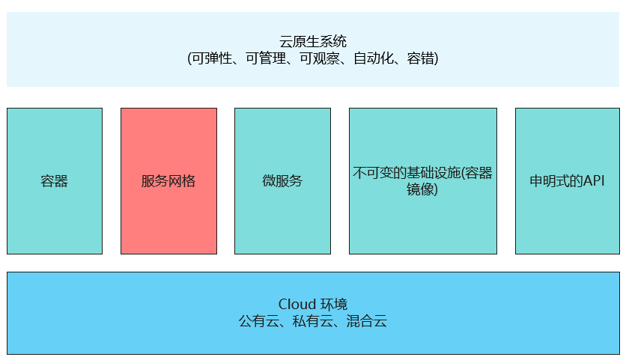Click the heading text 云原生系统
[x=312, y=42]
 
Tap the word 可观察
[x=318, y=58]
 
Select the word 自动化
[x=371, y=58]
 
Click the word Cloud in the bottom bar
[x=297, y=305]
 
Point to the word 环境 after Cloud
[x=334, y=305]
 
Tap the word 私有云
[x=312, y=322]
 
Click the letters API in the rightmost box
[x=592, y=181]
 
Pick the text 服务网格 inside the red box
[x=168, y=181]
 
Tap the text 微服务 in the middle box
[x=282, y=181]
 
